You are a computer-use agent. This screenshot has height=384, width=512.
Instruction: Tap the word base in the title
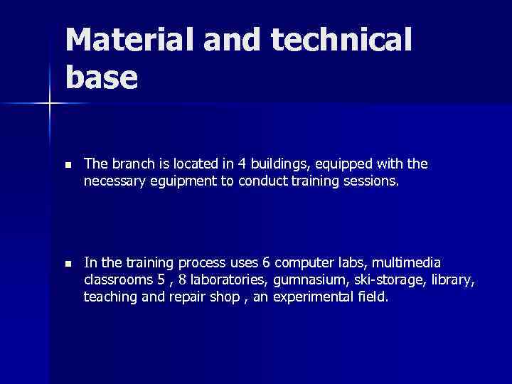pyautogui.click(x=101, y=78)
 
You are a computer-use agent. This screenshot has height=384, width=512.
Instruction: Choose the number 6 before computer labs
pyautogui.click(x=267, y=262)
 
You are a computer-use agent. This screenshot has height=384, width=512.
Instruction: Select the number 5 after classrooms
pyautogui.click(x=161, y=279)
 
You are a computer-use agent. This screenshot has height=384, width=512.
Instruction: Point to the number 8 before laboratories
pyautogui.click(x=181, y=279)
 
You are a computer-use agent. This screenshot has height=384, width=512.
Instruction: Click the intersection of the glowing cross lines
pyautogui.click(x=50, y=104)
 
